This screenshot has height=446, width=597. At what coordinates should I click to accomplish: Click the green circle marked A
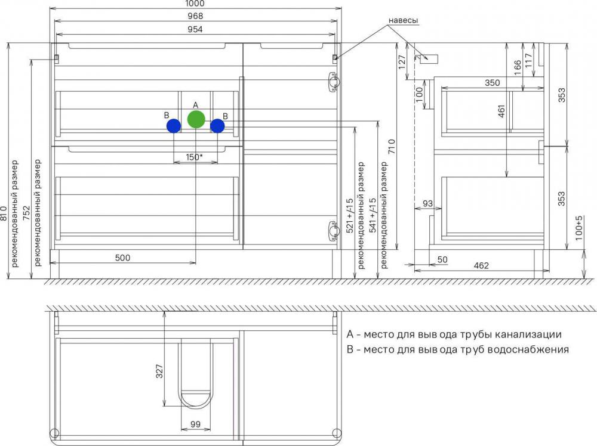tap(196, 119)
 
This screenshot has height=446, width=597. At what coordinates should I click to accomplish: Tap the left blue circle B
tap(174, 126)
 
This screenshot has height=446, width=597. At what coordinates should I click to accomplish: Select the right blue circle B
tap(217, 126)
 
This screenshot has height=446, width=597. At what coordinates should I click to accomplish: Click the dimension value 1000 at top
tap(195, 4)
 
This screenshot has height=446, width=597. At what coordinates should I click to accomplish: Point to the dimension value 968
tap(195, 16)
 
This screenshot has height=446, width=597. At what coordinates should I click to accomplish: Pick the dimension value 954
tap(195, 29)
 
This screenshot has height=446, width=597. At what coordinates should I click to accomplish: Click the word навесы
tap(403, 20)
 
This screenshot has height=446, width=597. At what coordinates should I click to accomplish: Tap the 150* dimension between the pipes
tap(194, 157)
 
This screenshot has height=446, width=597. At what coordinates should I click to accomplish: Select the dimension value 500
tap(122, 258)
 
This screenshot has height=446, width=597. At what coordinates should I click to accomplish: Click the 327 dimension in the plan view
tap(159, 371)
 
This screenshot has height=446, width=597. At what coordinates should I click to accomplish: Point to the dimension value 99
tap(195, 425)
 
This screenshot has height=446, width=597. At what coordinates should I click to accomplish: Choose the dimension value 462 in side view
tap(481, 265)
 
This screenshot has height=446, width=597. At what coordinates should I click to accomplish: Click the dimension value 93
tap(428, 203)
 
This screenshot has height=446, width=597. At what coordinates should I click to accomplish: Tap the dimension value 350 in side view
tap(493, 82)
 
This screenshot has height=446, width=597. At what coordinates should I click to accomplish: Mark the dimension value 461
tap(501, 111)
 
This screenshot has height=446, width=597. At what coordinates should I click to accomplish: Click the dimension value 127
tap(402, 63)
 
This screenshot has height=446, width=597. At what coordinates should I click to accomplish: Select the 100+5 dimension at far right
tap(579, 228)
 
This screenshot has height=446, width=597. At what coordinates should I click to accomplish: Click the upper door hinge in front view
tap(334, 82)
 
